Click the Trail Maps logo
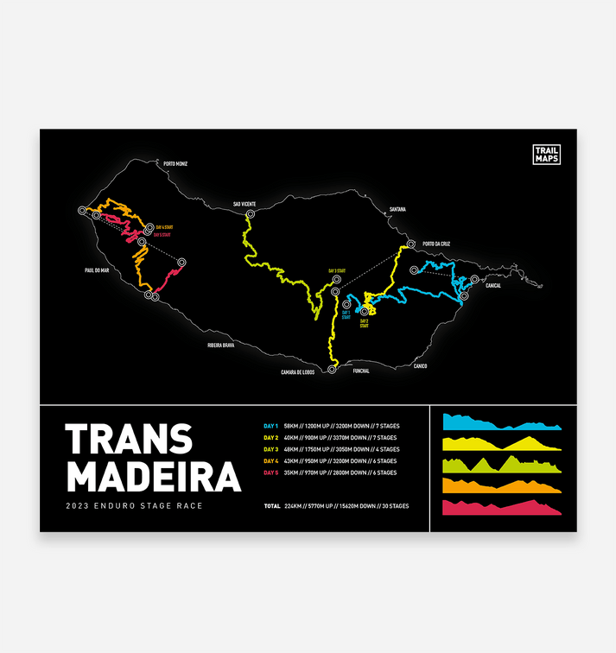[x=546, y=154]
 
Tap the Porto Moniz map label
[x=175, y=163]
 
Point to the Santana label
[x=397, y=209]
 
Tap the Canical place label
[x=493, y=285]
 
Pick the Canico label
[x=420, y=365]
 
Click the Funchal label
[x=361, y=371]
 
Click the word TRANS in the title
[x=128, y=440]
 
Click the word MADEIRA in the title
[x=154, y=476]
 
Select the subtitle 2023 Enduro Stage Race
[x=134, y=505]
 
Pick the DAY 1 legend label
[x=271, y=426]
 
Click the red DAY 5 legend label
[x=271, y=472]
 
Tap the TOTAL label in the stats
[x=272, y=505]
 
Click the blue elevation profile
[x=501, y=423]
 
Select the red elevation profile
[x=501, y=508]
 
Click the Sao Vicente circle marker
[x=251, y=213]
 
